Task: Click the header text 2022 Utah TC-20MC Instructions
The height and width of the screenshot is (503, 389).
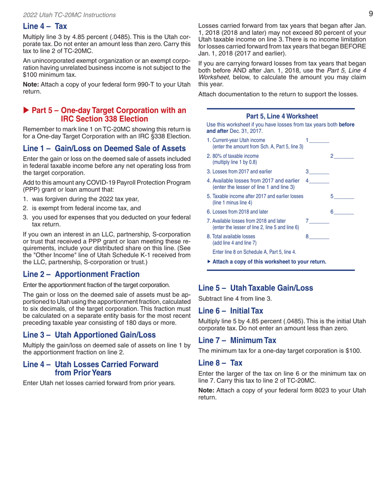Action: tap(69, 15)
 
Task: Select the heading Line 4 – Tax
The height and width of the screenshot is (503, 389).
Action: tap(45, 27)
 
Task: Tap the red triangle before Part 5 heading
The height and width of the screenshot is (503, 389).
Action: tap(27, 111)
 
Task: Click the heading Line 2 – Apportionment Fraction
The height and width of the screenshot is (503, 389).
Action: tap(81, 274)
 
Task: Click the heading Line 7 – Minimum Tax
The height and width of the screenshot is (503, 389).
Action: tap(237, 340)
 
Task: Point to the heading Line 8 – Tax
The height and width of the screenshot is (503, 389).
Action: tap(220, 362)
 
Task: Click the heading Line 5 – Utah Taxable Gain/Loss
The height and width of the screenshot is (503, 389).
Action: tap(256, 287)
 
